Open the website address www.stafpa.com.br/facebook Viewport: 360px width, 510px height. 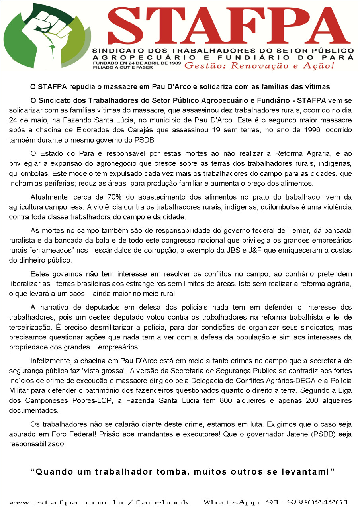coord(99,502)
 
